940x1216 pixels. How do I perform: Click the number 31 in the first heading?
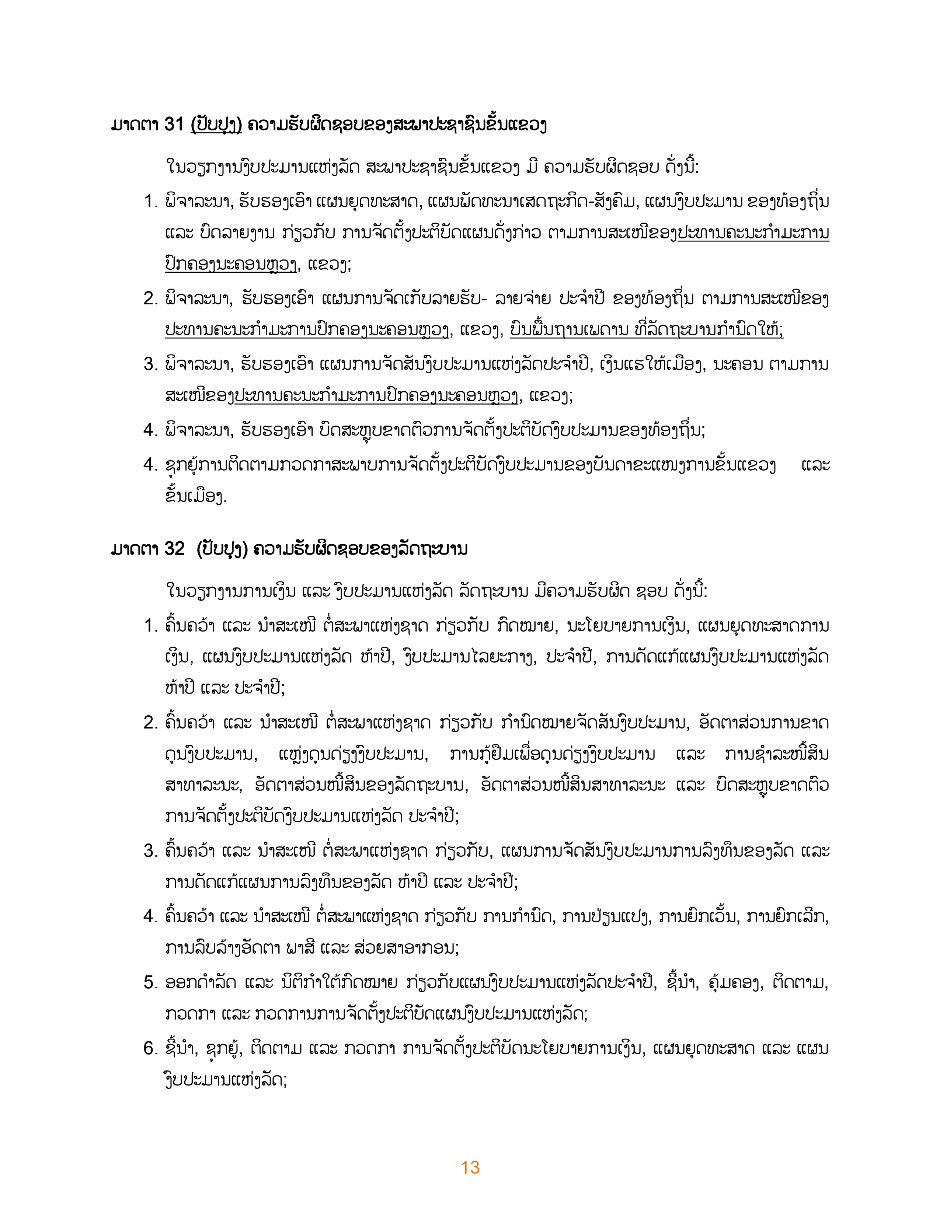[x=174, y=125]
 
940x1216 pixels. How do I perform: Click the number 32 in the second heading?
[x=174, y=549]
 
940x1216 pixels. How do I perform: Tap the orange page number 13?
[x=470, y=1167]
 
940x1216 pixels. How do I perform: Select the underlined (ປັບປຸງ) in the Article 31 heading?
[x=216, y=125]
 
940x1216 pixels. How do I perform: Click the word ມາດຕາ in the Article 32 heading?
[x=134, y=549]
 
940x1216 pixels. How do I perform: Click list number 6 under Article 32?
[x=150, y=1048]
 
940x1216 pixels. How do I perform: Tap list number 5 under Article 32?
[x=150, y=983]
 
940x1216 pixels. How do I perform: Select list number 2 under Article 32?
[x=150, y=723]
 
